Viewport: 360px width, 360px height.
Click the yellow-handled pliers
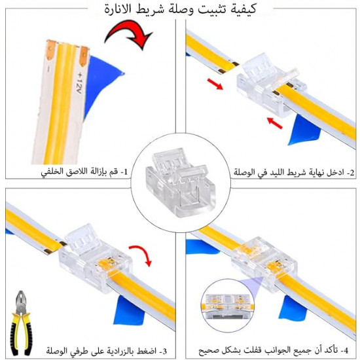[x=20, y=323]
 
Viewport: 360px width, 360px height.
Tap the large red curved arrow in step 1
[x=128, y=30]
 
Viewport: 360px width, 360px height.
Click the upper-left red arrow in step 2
[x=215, y=84]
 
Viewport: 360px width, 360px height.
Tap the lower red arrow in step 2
[x=275, y=123]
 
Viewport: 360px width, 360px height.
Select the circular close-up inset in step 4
[x=228, y=306]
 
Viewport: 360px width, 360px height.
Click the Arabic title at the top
[x=180, y=9]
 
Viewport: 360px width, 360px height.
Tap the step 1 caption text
[x=84, y=172]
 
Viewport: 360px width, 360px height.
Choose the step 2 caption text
[x=294, y=172]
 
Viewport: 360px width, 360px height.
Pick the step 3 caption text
[x=106, y=351]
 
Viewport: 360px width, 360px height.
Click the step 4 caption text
[x=273, y=350]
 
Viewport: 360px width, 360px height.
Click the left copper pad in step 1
[x=50, y=49]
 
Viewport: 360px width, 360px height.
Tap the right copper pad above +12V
[x=84, y=56]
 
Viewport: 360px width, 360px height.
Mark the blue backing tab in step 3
[x=130, y=310]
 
